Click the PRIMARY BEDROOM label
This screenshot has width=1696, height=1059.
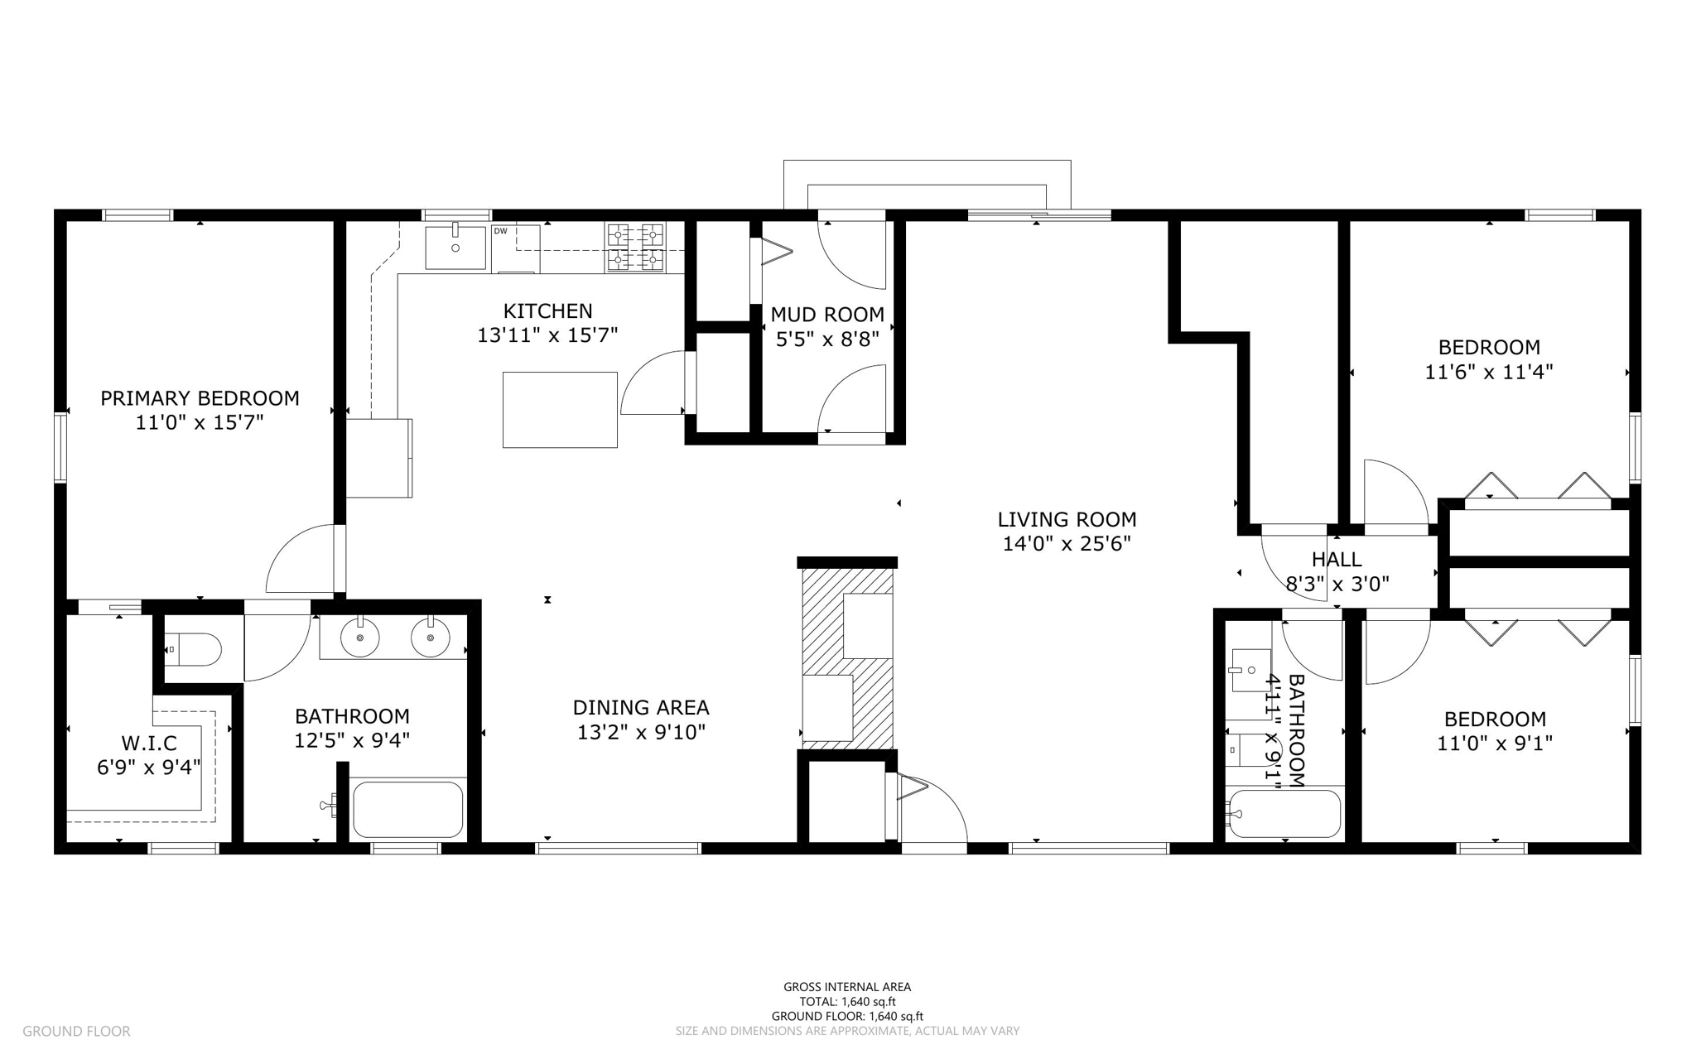point(200,398)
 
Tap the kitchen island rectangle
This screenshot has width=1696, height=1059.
point(560,410)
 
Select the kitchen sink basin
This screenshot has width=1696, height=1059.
point(455,247)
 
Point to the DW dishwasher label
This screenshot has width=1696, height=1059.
point(500,231)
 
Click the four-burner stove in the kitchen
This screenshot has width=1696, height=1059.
point(635,247)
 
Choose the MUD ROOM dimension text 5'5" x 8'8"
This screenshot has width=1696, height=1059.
point(827,339)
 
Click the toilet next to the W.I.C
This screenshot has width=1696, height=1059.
point(193,650)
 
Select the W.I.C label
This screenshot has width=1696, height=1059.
point(149,744)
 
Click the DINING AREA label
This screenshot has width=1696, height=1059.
point(641,708)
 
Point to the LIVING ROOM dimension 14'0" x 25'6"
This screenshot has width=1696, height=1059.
point(1067,544)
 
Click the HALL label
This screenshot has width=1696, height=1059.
point(1337,560)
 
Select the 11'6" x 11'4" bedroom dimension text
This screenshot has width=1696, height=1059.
point(1488,373)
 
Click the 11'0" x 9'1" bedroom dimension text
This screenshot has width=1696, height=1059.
point(1494,744)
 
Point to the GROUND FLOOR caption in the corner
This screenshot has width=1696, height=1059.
point(76,1032)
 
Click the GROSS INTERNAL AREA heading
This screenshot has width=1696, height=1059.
point(847,987)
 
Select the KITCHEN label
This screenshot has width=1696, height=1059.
point(547,311)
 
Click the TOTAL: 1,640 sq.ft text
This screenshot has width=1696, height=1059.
point(847,1002)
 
